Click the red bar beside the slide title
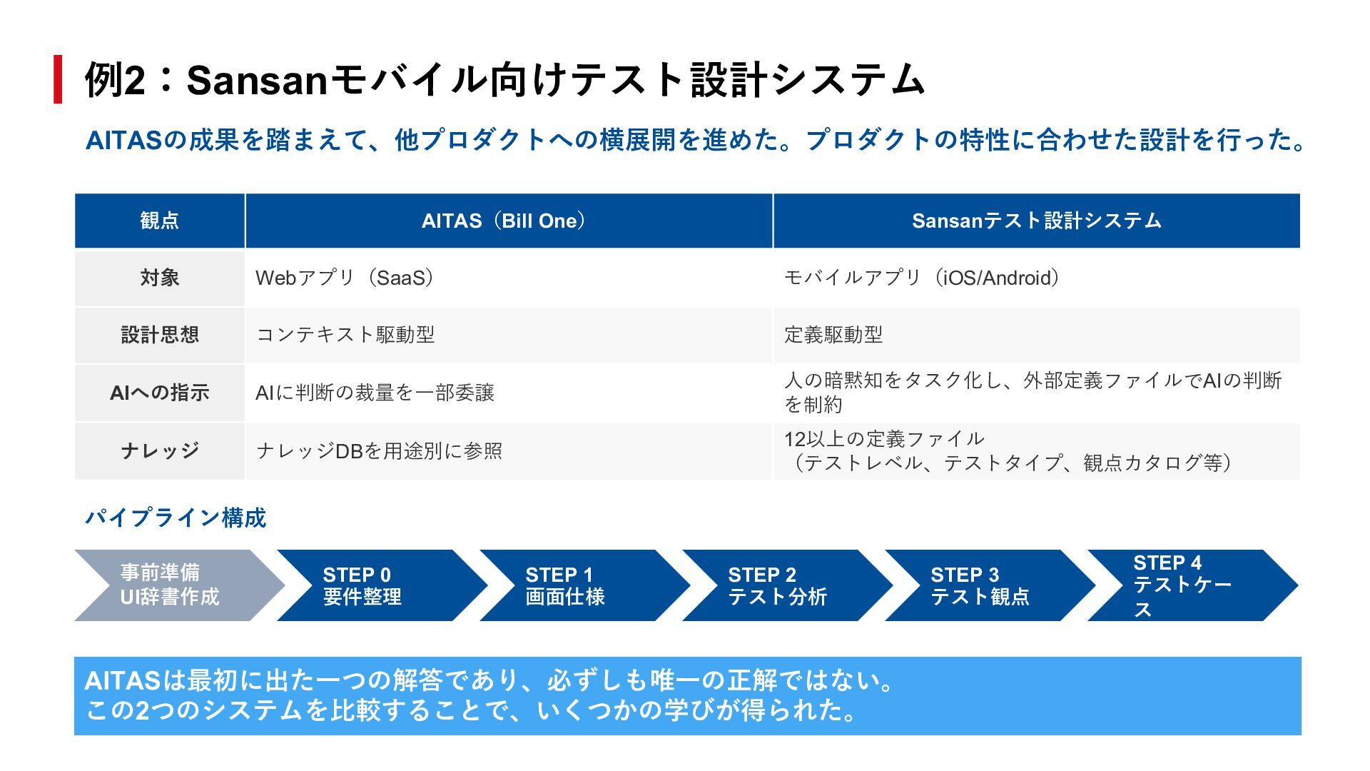[59, 79]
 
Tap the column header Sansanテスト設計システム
[1036, 221]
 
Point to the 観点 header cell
[159, 221]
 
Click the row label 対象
[159, 278]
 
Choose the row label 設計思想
[159, 335]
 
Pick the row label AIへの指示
[159, 393]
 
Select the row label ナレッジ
[159, 450]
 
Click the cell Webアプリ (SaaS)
[345, 278]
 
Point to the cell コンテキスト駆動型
[345, 335]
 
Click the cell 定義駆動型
[833, 335]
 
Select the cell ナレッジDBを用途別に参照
[379, 451]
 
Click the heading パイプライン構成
[176, 518]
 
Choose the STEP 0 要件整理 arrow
[371, 585]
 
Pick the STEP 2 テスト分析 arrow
[778, 585]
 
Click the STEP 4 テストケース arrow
[1184, 585]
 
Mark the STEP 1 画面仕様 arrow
[574, 585]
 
